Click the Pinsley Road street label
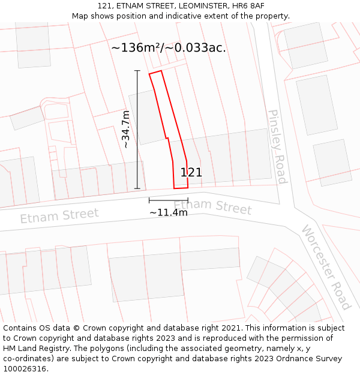click(x=277, y=147)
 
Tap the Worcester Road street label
click(x=325, y=266)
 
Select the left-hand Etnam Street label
click(x=59, y=215)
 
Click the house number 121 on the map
click(x=191, y=173)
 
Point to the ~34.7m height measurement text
click(x=125, y=130)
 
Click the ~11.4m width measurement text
click(x=168, y=212)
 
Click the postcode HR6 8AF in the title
click(x=245, y=6)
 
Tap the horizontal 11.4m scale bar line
click(x=168, y=200)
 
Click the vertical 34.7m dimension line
click(x=137, y=130)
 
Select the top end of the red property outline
click(x=155, y=73)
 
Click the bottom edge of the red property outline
click(x=181, y=188)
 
